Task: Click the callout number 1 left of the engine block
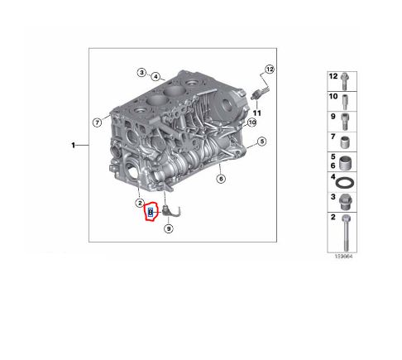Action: [74, 145]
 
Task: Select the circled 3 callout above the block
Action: [141, 72]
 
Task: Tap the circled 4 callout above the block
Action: [156, 77]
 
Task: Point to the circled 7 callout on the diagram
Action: [97, 123]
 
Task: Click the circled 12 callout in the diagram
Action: [270, 69]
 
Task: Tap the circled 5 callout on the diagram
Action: [261, 142]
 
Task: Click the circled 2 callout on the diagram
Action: [141, 203]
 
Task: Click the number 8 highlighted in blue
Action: [151, 213]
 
